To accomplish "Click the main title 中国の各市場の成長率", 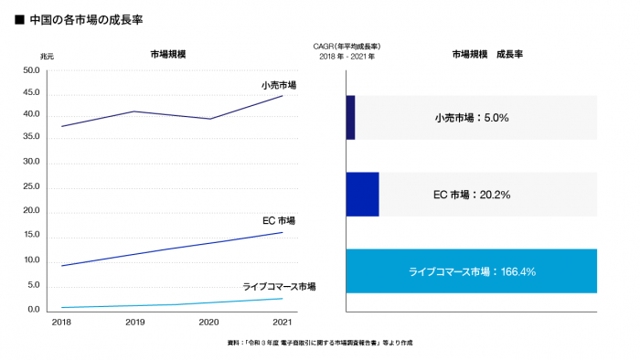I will pos(87,18).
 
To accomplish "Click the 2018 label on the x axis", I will pos(61,323).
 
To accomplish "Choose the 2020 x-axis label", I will pos(208,323).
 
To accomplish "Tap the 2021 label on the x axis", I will pos(283,323).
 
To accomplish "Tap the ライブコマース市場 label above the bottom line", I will pos(279,286).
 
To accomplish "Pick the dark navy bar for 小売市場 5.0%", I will pos(350,118).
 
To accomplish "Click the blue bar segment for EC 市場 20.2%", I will pos(362,195).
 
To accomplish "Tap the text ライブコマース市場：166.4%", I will pos(471,271).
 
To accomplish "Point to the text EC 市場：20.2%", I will pos(471,195).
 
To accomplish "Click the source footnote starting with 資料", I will pos(320,343).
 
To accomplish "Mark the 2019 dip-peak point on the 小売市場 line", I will pos(135,111).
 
